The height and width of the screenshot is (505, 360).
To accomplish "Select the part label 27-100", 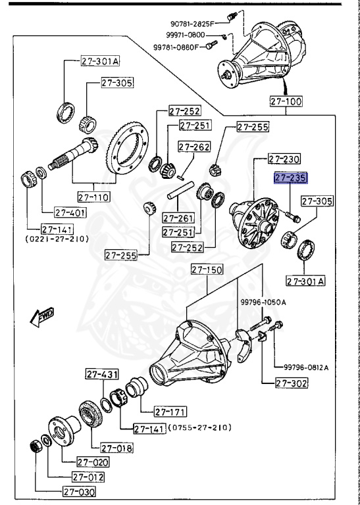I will click(285, 101).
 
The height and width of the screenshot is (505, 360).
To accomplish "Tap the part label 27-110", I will click(93, 197).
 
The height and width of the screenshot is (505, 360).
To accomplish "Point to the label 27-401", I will click(70, 212).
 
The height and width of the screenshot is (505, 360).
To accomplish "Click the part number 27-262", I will click(193, 147).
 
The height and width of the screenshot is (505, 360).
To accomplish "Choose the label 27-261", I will click(176, 218).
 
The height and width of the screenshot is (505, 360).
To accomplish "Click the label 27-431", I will click(101, 374).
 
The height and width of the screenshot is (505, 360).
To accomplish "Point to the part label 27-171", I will click(170, 412).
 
